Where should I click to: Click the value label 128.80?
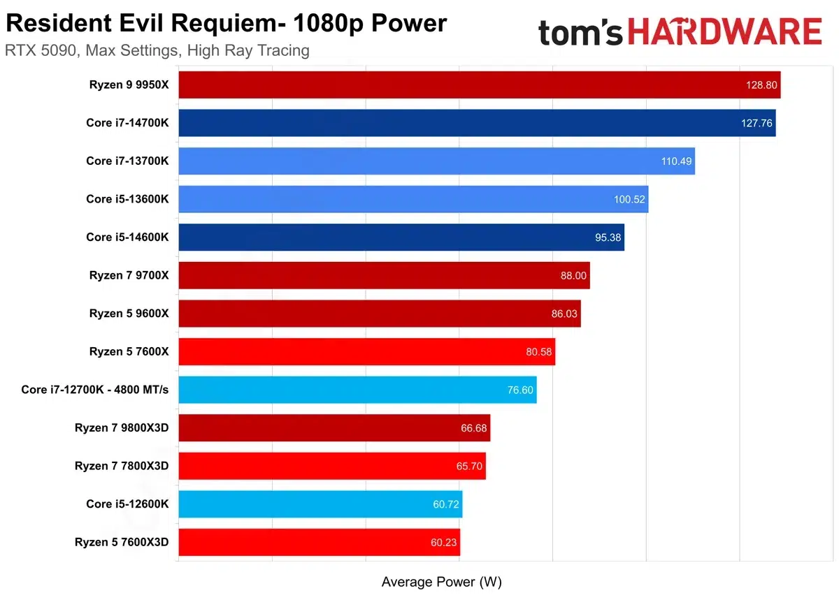760,85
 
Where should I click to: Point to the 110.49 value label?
676,161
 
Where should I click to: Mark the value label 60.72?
446,504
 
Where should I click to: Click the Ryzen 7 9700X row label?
129,275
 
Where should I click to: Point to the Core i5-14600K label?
127,237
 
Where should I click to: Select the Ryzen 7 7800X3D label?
122,466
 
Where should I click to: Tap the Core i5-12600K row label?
127,504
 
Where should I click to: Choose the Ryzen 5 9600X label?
129,314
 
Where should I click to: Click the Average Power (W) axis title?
442,582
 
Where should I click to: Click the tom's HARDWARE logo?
680,32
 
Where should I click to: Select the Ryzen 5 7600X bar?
366,351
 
